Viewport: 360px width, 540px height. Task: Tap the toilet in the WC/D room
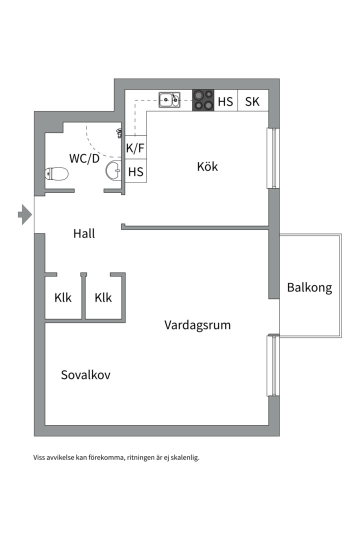(56, 173)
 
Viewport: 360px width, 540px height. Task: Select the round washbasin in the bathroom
(113, 170)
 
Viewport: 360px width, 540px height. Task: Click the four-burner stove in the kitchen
(203, 100)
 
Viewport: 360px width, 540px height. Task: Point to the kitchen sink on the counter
(169, 100)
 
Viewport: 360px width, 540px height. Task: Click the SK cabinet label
(252, 101)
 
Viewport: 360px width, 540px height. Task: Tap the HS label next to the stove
(225, 101)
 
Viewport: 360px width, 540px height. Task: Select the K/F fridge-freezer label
(135, 148)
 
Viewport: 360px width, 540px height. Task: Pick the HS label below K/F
(135, 171)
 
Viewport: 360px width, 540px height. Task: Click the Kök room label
(207, 166)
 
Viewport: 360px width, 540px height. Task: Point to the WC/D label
(84, 158)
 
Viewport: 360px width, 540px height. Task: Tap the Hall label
(84, 233)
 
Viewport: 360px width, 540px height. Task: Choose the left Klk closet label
(63, 297)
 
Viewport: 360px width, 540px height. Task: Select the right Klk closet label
(103, 297)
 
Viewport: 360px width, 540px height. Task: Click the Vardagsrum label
(197, 325)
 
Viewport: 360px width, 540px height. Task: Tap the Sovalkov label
(86, 374)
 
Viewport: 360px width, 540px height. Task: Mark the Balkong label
(309, 287)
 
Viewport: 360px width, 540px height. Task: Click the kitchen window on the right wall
(273, 158)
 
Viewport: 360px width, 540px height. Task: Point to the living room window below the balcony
(273, 365)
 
